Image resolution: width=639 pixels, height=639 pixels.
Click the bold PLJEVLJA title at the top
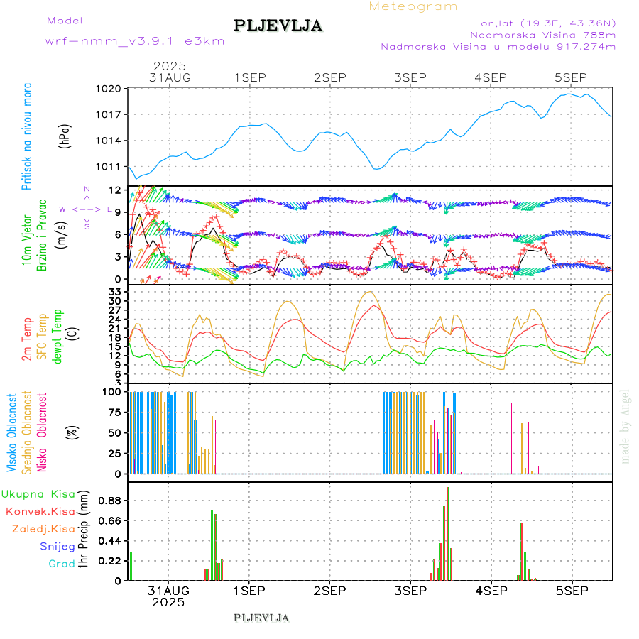point(278,26)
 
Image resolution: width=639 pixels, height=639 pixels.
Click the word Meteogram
point(413,6)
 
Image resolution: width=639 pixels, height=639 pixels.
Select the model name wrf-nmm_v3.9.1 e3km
point(135,41)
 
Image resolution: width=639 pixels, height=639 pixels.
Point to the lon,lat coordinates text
point(545,22)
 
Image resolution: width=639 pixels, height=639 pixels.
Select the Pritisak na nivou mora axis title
point(27,136)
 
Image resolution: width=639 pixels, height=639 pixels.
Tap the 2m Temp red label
point(27,340)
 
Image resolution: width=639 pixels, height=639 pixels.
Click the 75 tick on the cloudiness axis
point(113,411)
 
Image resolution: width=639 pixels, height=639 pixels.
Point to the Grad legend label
point(62,564)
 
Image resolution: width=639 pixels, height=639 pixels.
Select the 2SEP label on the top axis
point(329,77)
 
